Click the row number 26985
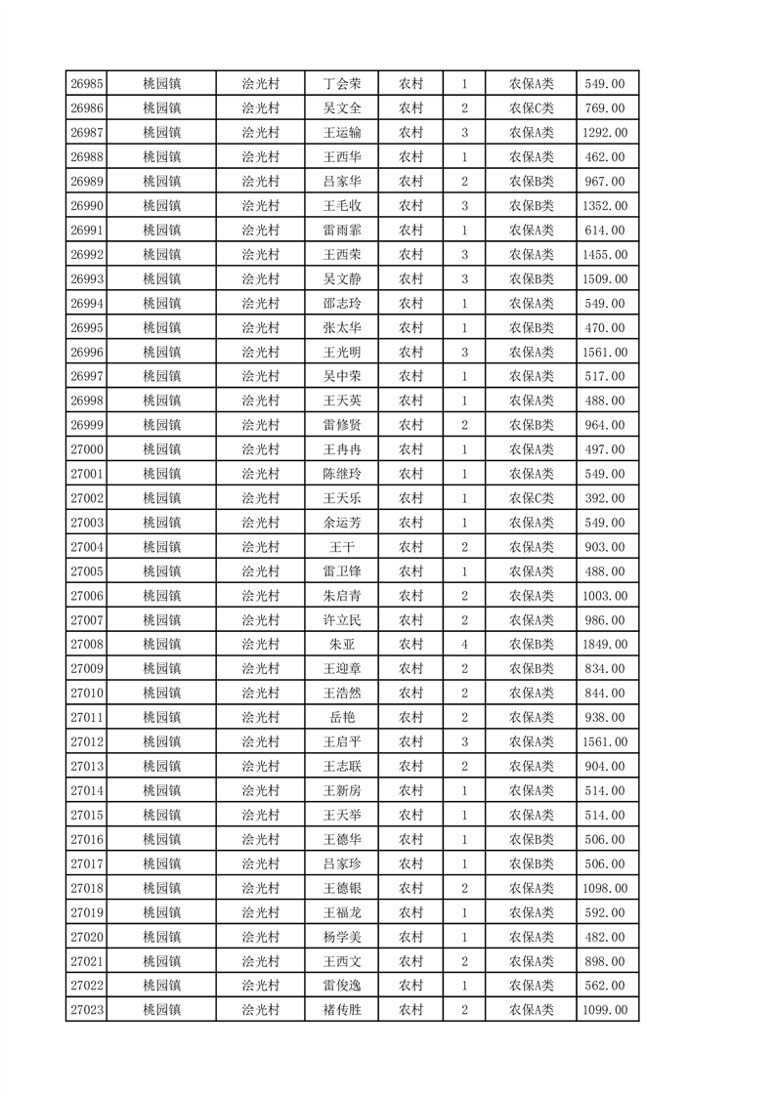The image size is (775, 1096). point(87,84)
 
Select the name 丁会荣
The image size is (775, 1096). point(342,84)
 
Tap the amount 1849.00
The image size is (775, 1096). point(604,645)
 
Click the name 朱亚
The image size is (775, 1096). point(342,645)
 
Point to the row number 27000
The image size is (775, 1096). point(87,449)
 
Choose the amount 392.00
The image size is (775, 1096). point(604,498)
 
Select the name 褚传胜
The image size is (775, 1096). point(342,1010)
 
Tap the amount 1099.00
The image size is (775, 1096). point(604,1010)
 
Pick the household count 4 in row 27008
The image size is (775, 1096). point(464,645)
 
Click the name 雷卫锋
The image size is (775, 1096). point(342,571)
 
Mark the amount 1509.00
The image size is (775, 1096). point(604,279)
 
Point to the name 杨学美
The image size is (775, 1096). point(342,937)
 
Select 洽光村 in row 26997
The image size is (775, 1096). point(260,376)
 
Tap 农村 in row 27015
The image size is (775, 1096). point(410,815)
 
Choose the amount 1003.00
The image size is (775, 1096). point(604,596)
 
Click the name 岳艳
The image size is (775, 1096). point(342,718)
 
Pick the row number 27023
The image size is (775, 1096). point(87,1010)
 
